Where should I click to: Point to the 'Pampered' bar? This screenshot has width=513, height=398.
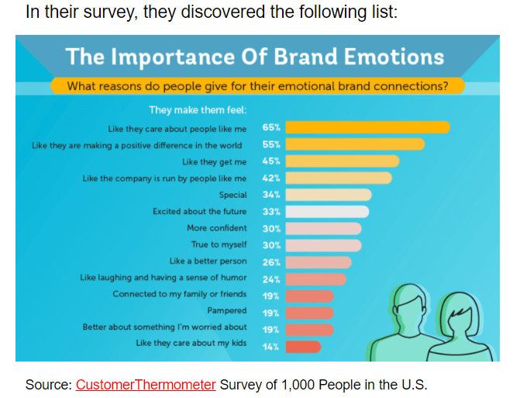[x=310, y=312]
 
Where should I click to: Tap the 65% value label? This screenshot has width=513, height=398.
[x=271, y=127]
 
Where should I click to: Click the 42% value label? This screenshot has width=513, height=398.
[x=271, y=178]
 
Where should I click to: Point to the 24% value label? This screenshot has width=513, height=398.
[x=271, y=279]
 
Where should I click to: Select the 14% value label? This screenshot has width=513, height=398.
[x=271, y=346]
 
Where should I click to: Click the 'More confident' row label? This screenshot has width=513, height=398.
[x=217, y=228]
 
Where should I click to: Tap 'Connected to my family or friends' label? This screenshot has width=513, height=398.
[x=180, y=295]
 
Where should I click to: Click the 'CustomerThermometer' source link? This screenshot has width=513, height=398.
[x=146, y=385]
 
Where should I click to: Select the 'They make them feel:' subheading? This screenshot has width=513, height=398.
[x=198, y=110]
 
